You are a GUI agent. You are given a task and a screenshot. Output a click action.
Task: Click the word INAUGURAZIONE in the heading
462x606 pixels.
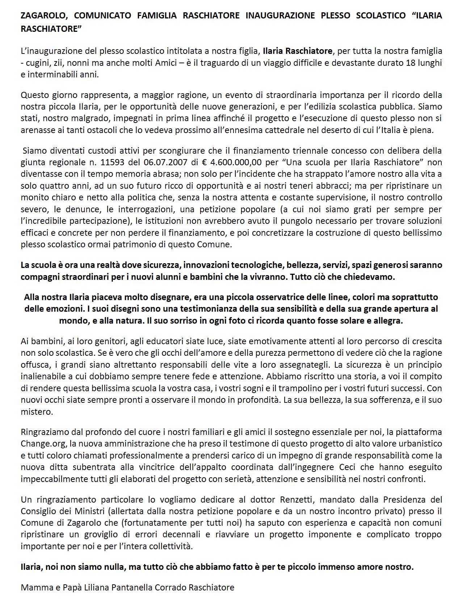278,16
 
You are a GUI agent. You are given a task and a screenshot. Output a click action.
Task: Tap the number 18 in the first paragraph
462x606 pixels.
412,63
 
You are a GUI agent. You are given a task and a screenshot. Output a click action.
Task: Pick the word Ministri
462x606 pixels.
104,511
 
